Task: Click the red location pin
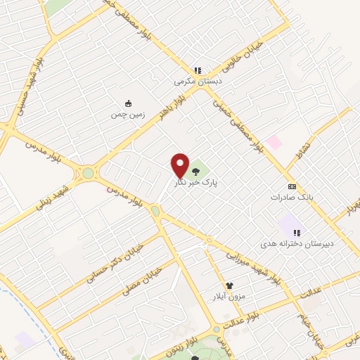[x=180, y=164]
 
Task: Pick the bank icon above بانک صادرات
[x=292, y=186]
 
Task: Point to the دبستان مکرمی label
[x=198, y=81]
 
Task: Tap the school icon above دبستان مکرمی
[x=198, y=70]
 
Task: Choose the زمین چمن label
[x=127, y=114]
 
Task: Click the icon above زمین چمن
[x=128, y=103]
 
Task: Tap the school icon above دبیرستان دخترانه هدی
[x=297, y=232]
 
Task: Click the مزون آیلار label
[x=229, y=297]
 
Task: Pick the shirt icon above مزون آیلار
[x=229, y=286]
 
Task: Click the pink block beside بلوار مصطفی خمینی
[x=274, y=142]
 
